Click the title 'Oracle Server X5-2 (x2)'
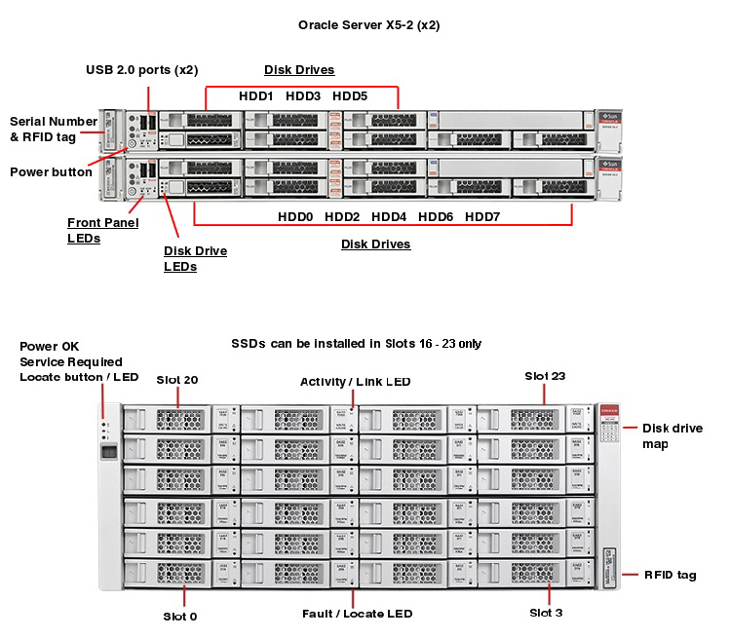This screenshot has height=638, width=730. coord(368,25)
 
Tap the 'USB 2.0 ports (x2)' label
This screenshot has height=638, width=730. coord(143,70)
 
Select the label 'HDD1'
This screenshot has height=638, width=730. coord(256,96)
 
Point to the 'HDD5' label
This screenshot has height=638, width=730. coord(350,96)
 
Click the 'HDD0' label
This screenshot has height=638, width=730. coord(295,216)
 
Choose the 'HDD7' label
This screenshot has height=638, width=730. coord(482,216)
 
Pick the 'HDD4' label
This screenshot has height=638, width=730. coord(389,216)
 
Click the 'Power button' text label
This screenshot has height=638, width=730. coord(51,172)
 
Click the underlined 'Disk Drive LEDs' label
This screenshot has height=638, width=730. coord(195,258)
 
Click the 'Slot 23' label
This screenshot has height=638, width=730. coord(545,375)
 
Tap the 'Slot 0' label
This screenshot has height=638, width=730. coord(180,617)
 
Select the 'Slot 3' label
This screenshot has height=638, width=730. coord(546,613)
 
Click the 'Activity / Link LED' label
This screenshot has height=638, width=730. coord(355,382)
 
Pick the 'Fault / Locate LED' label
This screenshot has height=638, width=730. coord(356,614)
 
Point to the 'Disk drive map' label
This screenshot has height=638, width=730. coord(672,435)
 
